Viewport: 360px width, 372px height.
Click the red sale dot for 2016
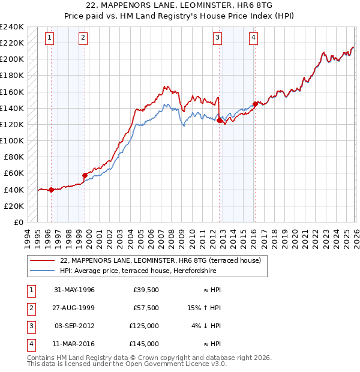click(255, 104)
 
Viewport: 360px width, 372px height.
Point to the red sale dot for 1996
click(51, 190)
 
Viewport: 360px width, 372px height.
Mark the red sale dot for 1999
click(85, 175)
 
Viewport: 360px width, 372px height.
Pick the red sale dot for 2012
click(219, 120)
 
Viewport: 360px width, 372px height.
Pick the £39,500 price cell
click(146, 290)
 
